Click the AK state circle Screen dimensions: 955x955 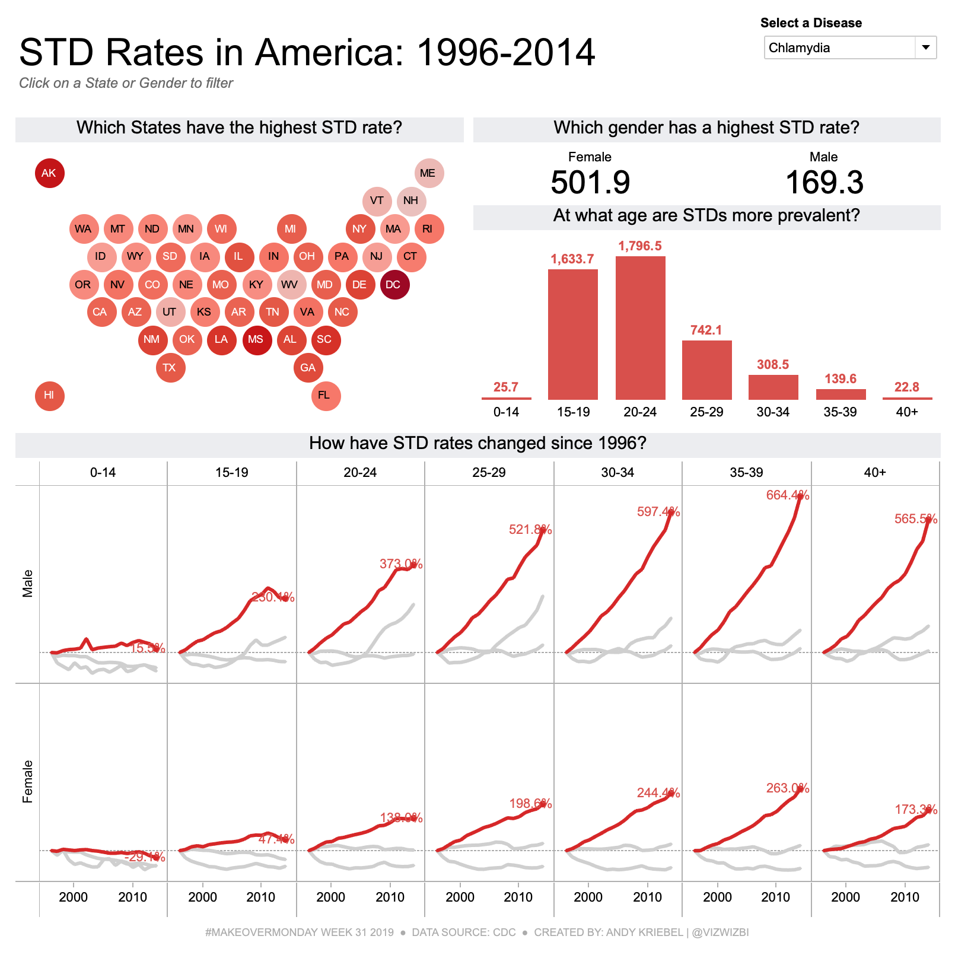49,173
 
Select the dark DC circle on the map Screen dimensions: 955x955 394,285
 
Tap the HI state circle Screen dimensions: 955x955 49,396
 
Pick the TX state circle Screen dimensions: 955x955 170,368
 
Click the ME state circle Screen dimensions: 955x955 428,173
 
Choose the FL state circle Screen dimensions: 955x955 325,396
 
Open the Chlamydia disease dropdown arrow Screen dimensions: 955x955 925,47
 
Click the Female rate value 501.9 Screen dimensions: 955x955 590,182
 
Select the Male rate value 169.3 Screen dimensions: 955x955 824,182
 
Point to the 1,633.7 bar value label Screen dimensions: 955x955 572,259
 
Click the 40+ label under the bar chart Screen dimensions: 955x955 907,412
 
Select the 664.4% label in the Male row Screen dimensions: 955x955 787,495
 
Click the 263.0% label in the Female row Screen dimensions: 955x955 787,788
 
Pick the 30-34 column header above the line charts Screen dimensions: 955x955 617,473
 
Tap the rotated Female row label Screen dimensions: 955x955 27,782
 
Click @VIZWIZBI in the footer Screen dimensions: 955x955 720,932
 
